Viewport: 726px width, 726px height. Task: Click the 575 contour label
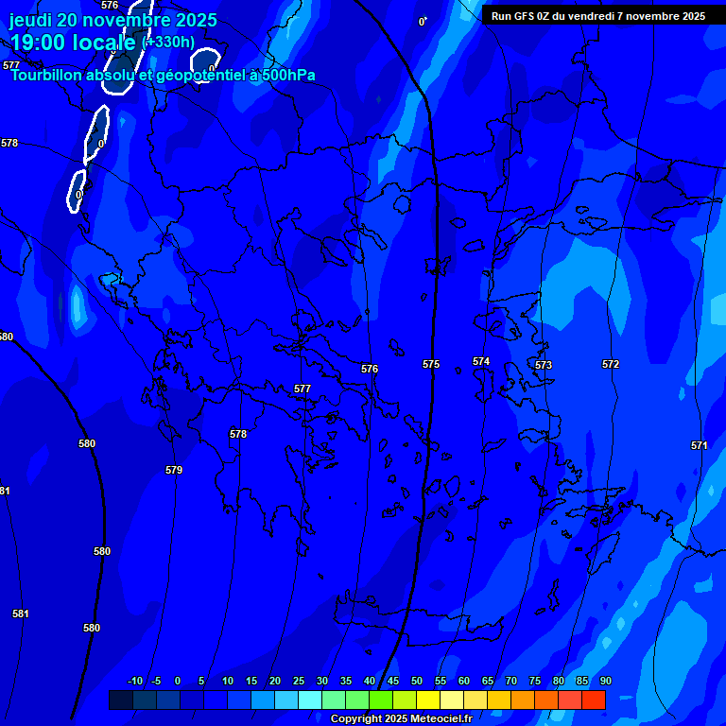coord(431,364)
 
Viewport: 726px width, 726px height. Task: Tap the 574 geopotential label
coord(481,361)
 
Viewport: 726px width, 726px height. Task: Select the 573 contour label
coord(544,365)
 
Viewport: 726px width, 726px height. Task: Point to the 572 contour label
coord(611,364)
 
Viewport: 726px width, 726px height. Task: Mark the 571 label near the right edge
coord(700,445)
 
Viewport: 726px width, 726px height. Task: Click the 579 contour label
coord(174,470)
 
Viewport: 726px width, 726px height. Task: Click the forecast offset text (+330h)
coord(168,42)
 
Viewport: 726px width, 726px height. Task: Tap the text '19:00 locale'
coord(73,43)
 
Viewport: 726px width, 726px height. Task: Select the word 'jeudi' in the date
coord(31,20)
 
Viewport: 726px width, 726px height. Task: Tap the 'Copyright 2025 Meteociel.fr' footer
coord(401,718)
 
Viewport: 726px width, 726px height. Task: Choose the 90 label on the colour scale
coord(605,681)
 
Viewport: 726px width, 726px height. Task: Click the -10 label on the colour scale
coord(135,681)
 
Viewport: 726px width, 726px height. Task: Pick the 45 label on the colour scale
coord(392,681)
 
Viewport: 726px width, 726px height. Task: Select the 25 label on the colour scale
coord(298,681)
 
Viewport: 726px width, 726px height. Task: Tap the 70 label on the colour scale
coord(510,681)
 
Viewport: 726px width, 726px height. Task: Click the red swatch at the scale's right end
coord(594,700)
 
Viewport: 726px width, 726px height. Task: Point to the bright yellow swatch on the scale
coord(428,700)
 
